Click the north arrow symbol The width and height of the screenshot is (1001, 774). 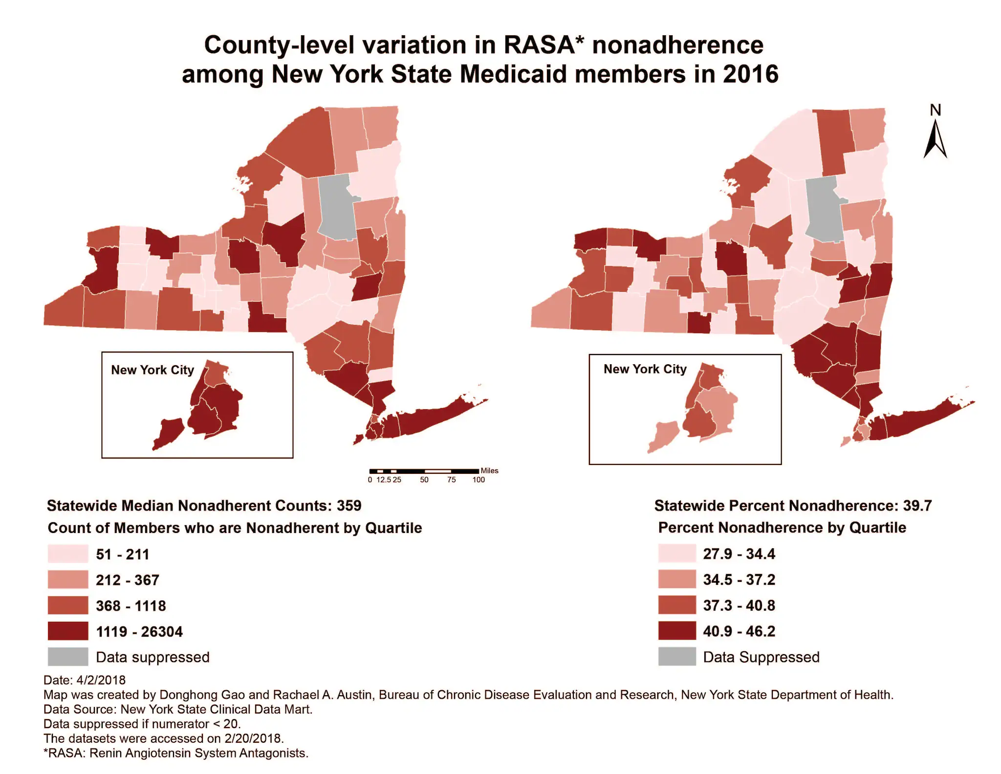[x=935, y=140]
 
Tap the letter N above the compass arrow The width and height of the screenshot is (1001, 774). [x=936, y=111]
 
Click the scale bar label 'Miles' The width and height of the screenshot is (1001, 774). [x=489, y=470]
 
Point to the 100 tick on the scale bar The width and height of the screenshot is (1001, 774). [x=479, y=480]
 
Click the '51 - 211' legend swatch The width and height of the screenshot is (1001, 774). [x=68, y=554]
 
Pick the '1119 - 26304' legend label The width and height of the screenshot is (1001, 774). [x=139, y=632]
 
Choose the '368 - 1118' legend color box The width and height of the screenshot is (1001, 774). [x=68, y=605]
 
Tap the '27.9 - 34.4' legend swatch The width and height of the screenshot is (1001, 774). [x=677, y=553]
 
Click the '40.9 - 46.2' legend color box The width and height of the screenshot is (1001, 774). [x=677, y=631]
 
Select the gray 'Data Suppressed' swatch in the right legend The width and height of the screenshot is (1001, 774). [x=677, y=657]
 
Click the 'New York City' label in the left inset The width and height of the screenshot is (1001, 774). [x=152, y=370]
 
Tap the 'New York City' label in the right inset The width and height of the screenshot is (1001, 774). [x=645, y=369]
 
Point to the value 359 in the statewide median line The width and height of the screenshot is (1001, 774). [x=349, y=506]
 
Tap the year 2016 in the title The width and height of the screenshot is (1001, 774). [x=751, y=74]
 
